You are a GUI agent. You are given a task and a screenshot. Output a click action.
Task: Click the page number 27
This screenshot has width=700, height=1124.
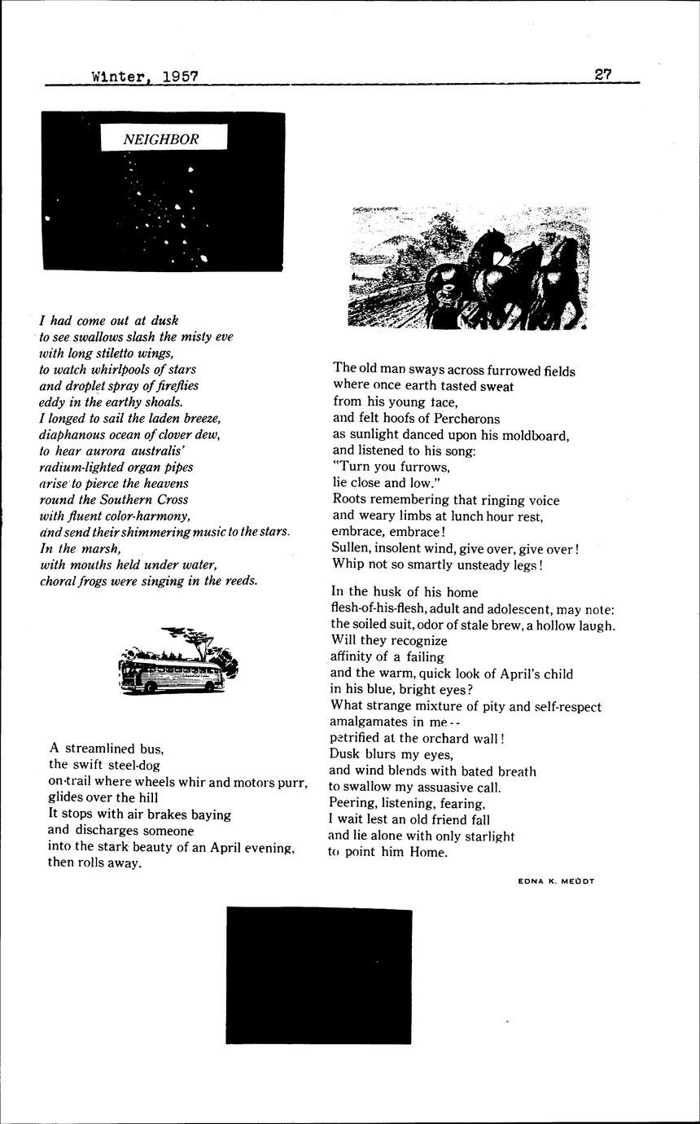click(603, 73)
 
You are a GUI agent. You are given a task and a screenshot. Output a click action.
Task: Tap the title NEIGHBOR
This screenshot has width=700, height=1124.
click(160, 139)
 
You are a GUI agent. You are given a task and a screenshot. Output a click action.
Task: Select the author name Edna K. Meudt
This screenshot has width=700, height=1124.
click(556, 880)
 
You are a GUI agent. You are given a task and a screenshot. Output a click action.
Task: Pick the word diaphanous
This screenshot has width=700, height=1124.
click(76, 434)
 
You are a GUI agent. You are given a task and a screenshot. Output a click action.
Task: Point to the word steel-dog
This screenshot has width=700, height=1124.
click(129, 764)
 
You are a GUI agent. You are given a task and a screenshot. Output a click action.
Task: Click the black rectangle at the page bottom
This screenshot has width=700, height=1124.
click(318, 976)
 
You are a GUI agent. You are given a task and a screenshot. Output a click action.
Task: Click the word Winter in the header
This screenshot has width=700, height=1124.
click(117, 77)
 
